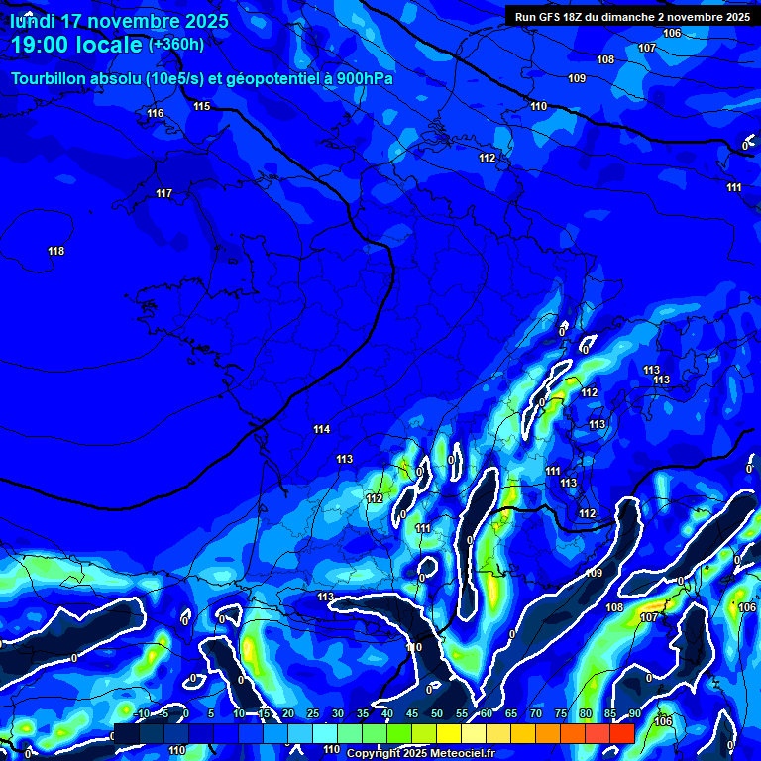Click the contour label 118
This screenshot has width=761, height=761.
coord(56,251)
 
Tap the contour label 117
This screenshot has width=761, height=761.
coord(164,193)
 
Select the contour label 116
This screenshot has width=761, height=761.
coord(156,113)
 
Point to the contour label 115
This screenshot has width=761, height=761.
coord(202,106)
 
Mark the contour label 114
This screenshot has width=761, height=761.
coord(321,429)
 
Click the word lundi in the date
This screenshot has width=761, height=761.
coord(38,21)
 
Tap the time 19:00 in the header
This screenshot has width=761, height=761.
coord(45,45)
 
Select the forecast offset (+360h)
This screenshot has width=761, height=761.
coord(176,45)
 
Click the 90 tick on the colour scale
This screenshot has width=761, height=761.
coord(634,713)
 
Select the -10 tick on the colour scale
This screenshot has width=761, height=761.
coord(141,713)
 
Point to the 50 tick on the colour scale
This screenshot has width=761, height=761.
coord(437,713)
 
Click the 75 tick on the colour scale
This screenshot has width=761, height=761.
coord(561,713)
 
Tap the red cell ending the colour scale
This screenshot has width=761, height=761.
coord(621,733)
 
